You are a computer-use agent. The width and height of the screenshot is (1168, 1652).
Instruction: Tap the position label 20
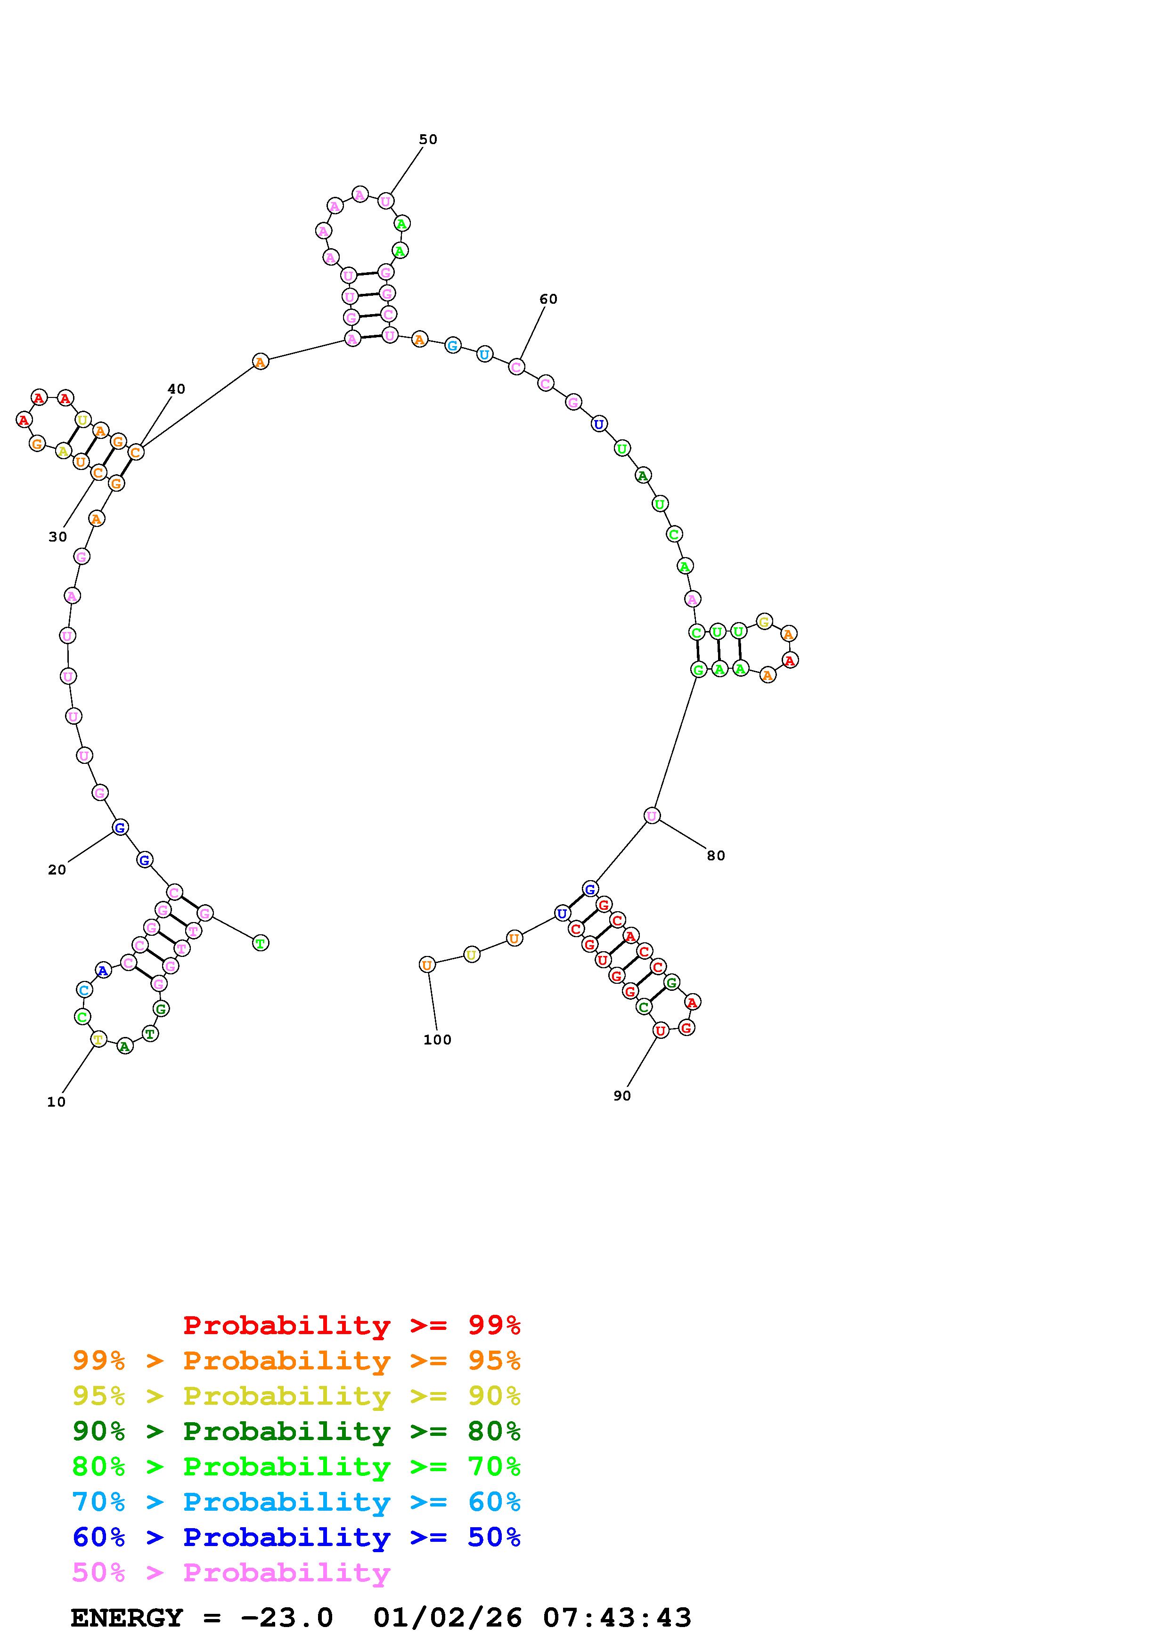[57, 870]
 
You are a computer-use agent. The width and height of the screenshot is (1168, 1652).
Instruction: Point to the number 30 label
[57, 537]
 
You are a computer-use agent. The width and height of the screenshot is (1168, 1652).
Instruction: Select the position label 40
[176, 389]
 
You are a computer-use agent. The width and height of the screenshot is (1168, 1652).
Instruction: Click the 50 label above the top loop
[428, 139]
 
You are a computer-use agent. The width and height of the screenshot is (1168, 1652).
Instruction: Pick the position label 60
[548, 300]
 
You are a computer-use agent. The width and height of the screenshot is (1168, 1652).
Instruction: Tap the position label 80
[716, 856]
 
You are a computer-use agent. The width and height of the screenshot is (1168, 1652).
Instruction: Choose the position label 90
[622, 1096]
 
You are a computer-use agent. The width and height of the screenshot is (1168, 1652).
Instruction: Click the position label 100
[438, 1040]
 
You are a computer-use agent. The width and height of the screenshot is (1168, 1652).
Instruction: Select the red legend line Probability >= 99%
[352, 1325]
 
